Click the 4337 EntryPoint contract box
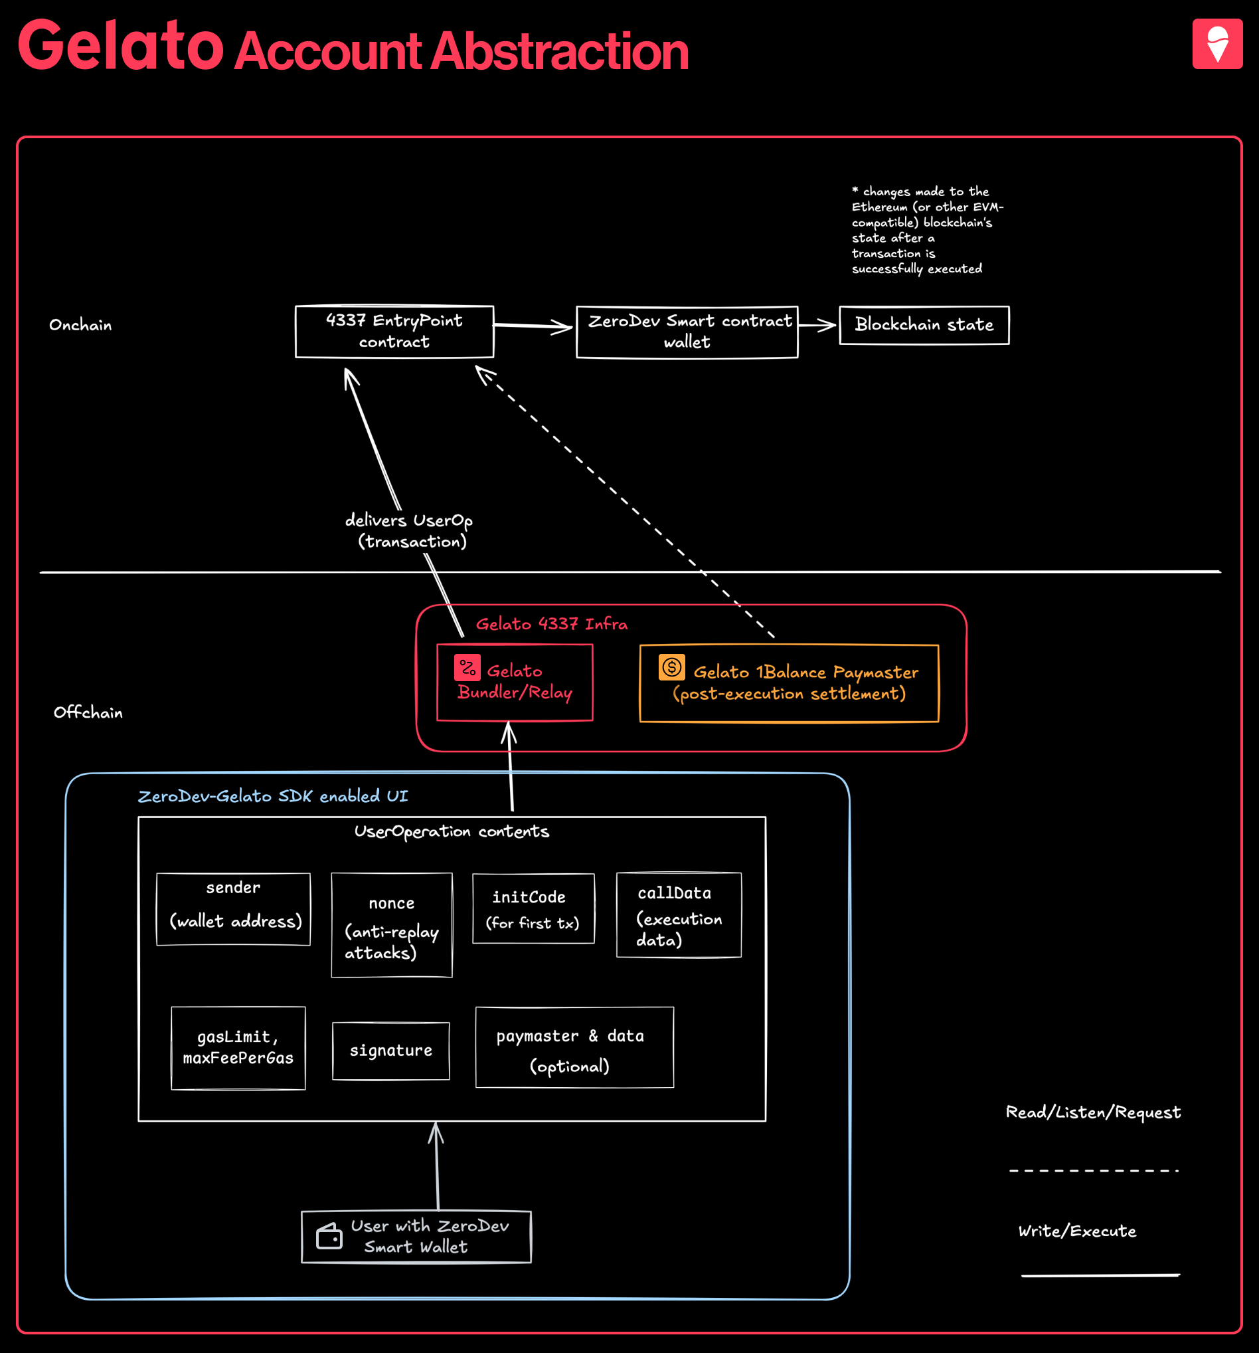point(394,332)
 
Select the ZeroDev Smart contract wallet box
point(687,332)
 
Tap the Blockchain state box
point(924,325)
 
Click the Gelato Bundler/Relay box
point(514,682)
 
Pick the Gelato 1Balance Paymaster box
point(788,682)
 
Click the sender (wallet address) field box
point(233,908)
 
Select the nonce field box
point(391,925)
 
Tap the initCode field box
point(533,908)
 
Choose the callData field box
point(678,914)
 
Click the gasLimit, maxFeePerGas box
point(238,1047)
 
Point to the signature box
point(390,1050)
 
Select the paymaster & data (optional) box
point(574,1047)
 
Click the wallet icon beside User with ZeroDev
point(329,1236)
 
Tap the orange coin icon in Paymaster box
point(671,667)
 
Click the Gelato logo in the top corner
point(1217,44)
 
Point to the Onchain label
point(80,325)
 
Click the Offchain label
point(88,712)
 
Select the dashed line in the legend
point(1093,1171)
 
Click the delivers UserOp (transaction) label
point(409,530)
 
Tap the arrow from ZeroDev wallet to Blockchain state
point(817,326)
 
